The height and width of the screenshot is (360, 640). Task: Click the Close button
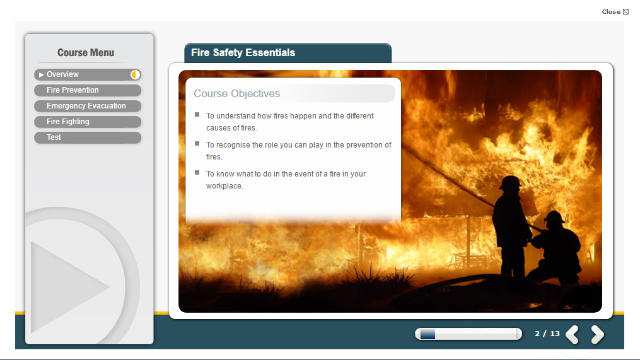[x=615, y=12]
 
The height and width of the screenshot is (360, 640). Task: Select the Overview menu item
[x=88, y=74]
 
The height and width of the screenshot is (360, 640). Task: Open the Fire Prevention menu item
[x=88, y=90]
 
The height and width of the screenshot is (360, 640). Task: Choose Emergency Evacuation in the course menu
[x=88, y=106]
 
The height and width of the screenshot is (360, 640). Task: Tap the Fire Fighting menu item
[x=88, y=122]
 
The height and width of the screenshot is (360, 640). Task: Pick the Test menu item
[x=88, y=137]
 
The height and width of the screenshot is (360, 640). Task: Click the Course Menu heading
[x=86, y=53]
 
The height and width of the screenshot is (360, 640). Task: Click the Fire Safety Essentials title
[x=243, y=53]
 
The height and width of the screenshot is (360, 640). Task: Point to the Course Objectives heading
[x=236, y=93]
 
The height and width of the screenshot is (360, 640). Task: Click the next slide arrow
[x=598, y=334]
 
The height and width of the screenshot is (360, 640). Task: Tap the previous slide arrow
[x=573, y=334]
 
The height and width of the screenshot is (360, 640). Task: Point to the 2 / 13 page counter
[x=547, y=334]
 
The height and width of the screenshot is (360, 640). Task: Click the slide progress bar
[x=468, y=334]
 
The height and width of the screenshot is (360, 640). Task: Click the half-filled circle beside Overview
[x=135, y=74]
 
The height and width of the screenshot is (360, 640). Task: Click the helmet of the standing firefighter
[x=510, y=182]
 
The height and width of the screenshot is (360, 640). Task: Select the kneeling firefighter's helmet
[x=555, y=217]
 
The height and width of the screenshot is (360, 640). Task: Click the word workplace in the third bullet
[x=224, y=186]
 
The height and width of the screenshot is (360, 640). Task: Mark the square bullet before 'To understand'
[x=197, y=115]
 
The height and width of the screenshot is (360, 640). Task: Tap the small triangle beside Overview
[x=41, y=74]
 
